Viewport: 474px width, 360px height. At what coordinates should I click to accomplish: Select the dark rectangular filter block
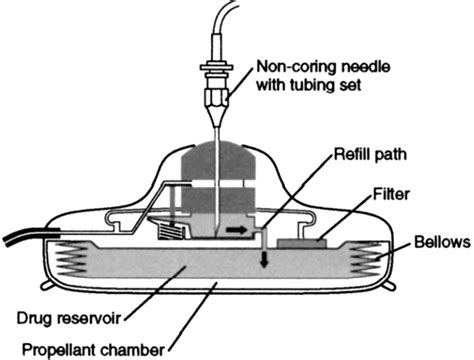(300, 241)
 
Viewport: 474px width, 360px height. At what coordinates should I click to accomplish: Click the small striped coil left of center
(178, 233)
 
